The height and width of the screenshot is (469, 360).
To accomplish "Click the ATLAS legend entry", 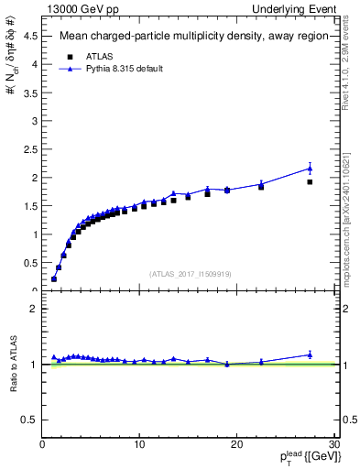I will (x=99, y=55).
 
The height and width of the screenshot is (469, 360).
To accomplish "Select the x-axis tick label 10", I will (x=139, y=444).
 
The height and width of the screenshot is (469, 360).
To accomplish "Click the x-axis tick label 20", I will (x=236, y=444).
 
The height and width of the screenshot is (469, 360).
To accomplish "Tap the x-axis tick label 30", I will (x=333, y=444).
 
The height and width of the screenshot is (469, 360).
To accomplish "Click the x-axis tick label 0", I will (x=43, y=444).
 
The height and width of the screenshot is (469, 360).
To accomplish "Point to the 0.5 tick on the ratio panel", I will (x=30, y=420).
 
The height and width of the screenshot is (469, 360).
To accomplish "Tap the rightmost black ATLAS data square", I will (x=310, y=181).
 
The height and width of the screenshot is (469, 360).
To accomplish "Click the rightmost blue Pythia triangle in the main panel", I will (x=310, y=168).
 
